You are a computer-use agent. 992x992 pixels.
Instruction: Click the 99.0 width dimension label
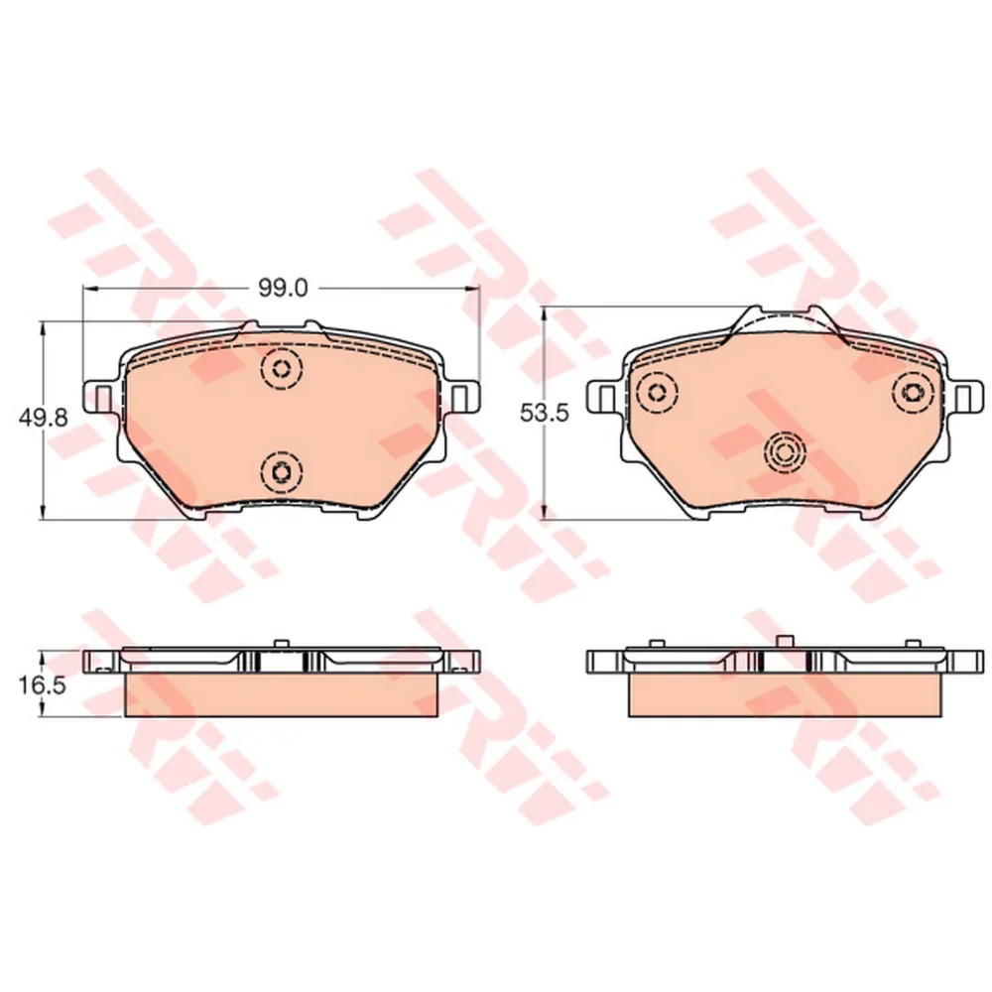point(285,288)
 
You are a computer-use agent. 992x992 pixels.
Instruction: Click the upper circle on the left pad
point(282,371)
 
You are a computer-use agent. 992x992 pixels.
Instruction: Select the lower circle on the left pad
point(282,470)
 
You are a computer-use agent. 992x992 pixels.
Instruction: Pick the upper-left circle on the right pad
point(655,391)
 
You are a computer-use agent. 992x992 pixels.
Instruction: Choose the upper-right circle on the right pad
point(909,391)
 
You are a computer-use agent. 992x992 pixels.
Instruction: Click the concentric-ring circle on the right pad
point(783,452)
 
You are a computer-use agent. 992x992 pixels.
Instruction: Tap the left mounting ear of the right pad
point(604,397)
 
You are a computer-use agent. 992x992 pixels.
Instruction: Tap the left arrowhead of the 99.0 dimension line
point(87,289)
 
